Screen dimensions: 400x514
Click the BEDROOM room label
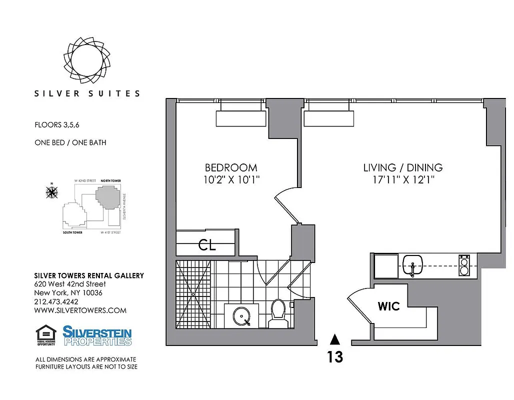[x=231, y=168]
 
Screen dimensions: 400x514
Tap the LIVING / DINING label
[x=403, y=168]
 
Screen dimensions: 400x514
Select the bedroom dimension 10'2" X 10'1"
[x=231, y=179]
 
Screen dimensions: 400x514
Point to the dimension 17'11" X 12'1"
[x=403, y=179]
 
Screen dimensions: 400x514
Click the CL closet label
[x=206, y=245]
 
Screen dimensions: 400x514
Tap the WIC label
[x=389, y=306]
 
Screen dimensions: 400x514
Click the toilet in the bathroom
[x=276, y=312]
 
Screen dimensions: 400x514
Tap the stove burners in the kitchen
[x=464, y=265]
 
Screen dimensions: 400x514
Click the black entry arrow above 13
[x=335, y=339]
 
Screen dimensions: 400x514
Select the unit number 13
[x=335, y=357]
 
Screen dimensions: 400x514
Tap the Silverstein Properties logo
[x=97, y=335]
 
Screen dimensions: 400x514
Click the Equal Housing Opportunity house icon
[x=45, y=334]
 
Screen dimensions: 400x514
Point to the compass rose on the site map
[x=52, y=191]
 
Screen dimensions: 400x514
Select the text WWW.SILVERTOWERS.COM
[x=80, y=310]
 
